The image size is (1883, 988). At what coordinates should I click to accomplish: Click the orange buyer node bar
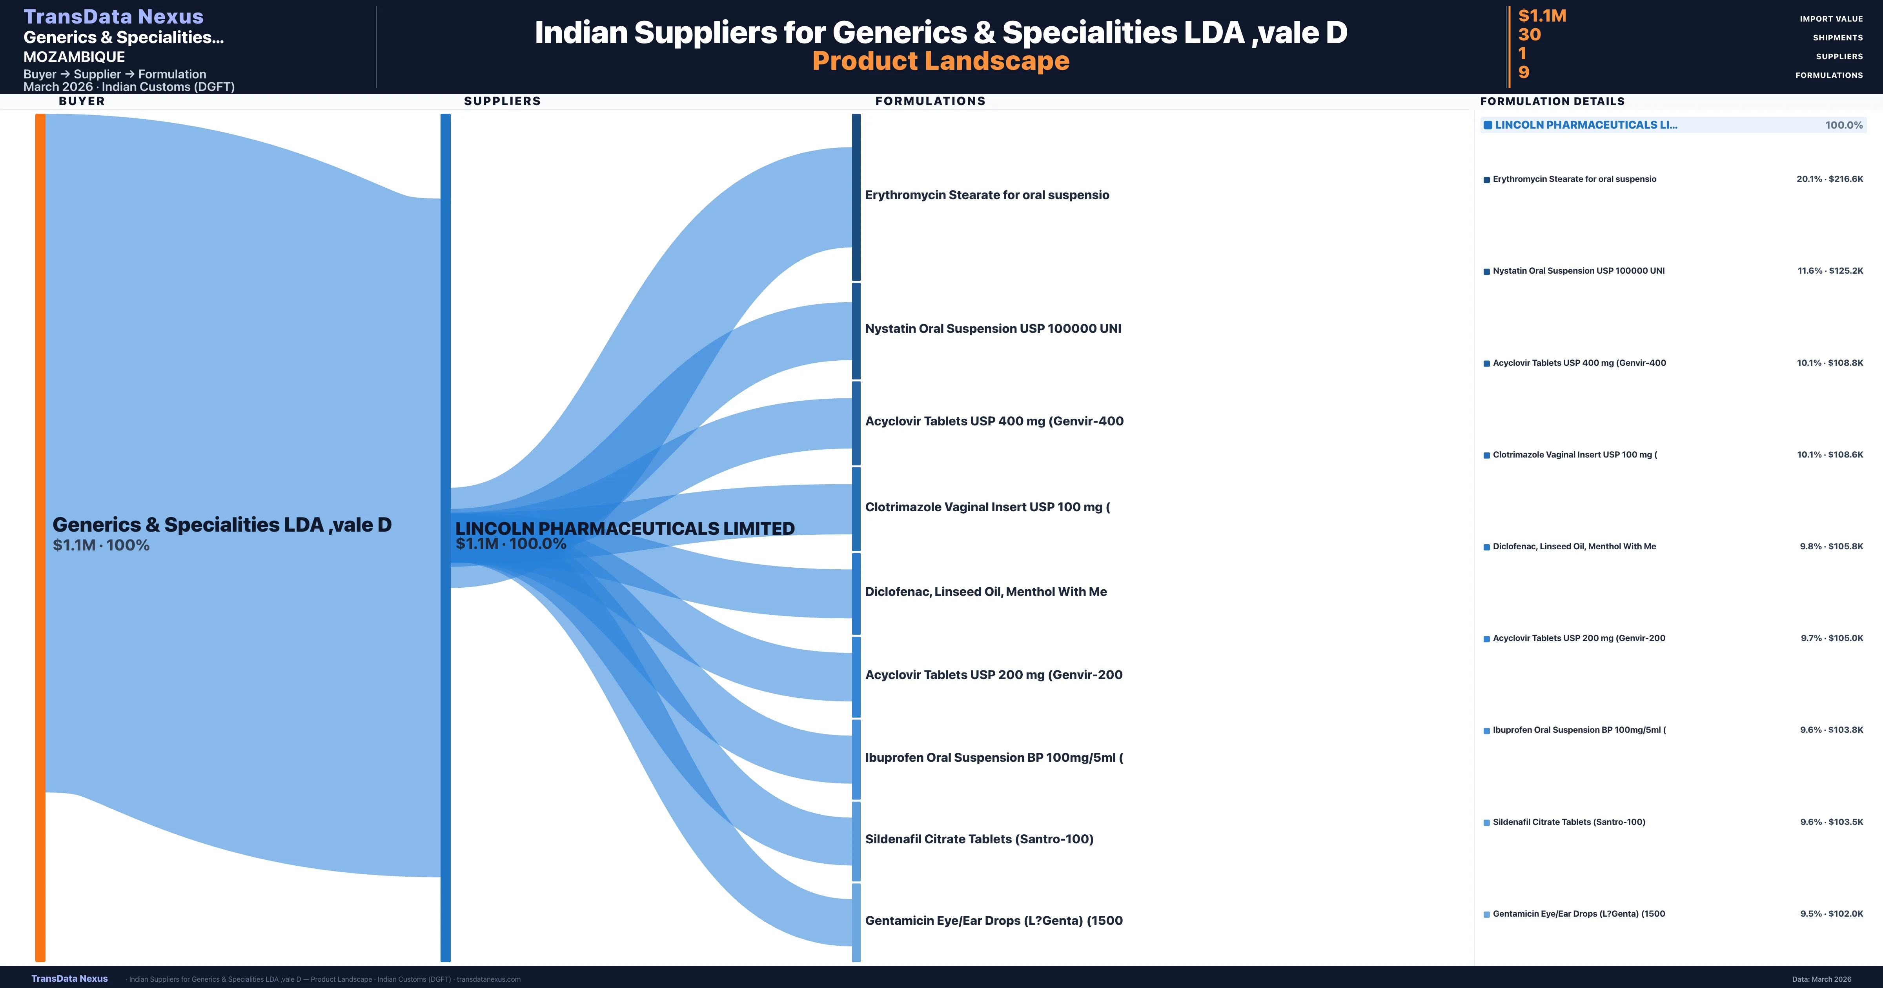[40, 537]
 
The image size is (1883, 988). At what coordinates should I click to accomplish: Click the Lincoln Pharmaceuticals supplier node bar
[445, 537]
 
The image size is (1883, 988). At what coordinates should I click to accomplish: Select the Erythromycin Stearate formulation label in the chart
[987, 195]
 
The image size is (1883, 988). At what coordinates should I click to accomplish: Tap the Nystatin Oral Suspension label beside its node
[992, 329]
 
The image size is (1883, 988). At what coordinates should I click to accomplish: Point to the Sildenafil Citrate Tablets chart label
[979, 839]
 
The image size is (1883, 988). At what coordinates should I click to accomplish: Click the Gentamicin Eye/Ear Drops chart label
[993, 921]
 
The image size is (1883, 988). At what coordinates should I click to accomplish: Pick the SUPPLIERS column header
[502, 101]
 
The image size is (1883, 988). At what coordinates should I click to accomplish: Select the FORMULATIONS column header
[930, 101]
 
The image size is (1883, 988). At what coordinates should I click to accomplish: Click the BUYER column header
[82, 101]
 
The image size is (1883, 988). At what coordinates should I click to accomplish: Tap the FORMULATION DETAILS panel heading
[1552, 102]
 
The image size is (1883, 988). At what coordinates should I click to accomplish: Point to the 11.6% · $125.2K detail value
[1830, 271]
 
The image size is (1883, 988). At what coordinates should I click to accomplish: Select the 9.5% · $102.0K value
[1831, 914]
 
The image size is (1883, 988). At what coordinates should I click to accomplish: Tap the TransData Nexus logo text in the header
[113, 16]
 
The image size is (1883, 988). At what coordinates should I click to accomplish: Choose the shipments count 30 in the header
[1529, 35]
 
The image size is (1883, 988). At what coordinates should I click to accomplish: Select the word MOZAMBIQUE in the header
[74, 57]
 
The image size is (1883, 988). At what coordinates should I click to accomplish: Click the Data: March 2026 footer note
[1821, 979]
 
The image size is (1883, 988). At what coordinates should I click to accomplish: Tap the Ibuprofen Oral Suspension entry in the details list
[1579, 730]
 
